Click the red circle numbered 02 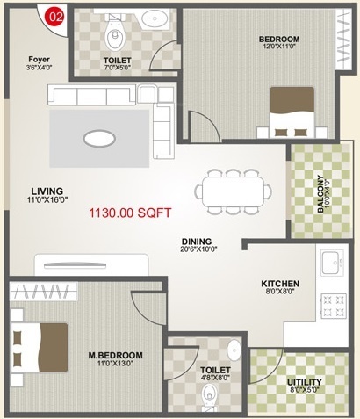(55, 16)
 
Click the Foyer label (39, 60)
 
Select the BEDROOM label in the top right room (279, 40)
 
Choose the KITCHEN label (280, 284)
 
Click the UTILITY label (304, 383)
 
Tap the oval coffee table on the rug (98, 138)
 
